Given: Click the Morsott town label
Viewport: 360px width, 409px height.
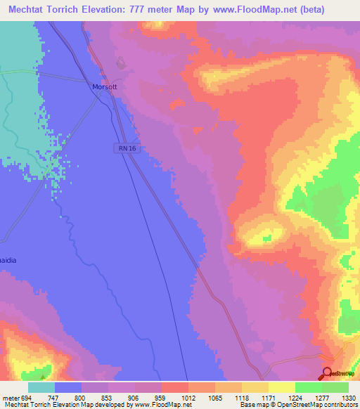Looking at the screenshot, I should click(104, 87).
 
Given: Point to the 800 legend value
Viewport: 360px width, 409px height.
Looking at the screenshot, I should click(82, 397).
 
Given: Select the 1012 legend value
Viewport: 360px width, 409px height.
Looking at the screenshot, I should click(188, 397).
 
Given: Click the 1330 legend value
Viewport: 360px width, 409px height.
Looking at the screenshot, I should click(348, 397).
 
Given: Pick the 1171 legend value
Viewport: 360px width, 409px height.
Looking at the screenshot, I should click(268, 397).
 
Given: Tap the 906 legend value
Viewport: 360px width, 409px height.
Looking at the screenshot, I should click(135, 397).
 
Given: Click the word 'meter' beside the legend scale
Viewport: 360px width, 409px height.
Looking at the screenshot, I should click(10, 397).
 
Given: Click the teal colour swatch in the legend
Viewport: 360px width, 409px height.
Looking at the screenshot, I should click(41, 387).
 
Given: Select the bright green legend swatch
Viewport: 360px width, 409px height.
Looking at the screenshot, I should click(309, 387).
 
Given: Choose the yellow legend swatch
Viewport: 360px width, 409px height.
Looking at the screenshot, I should click(282, 387).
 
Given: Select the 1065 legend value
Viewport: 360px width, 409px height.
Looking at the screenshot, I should click(214, 397).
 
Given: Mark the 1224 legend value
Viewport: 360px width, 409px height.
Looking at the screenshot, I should click(295, 397).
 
